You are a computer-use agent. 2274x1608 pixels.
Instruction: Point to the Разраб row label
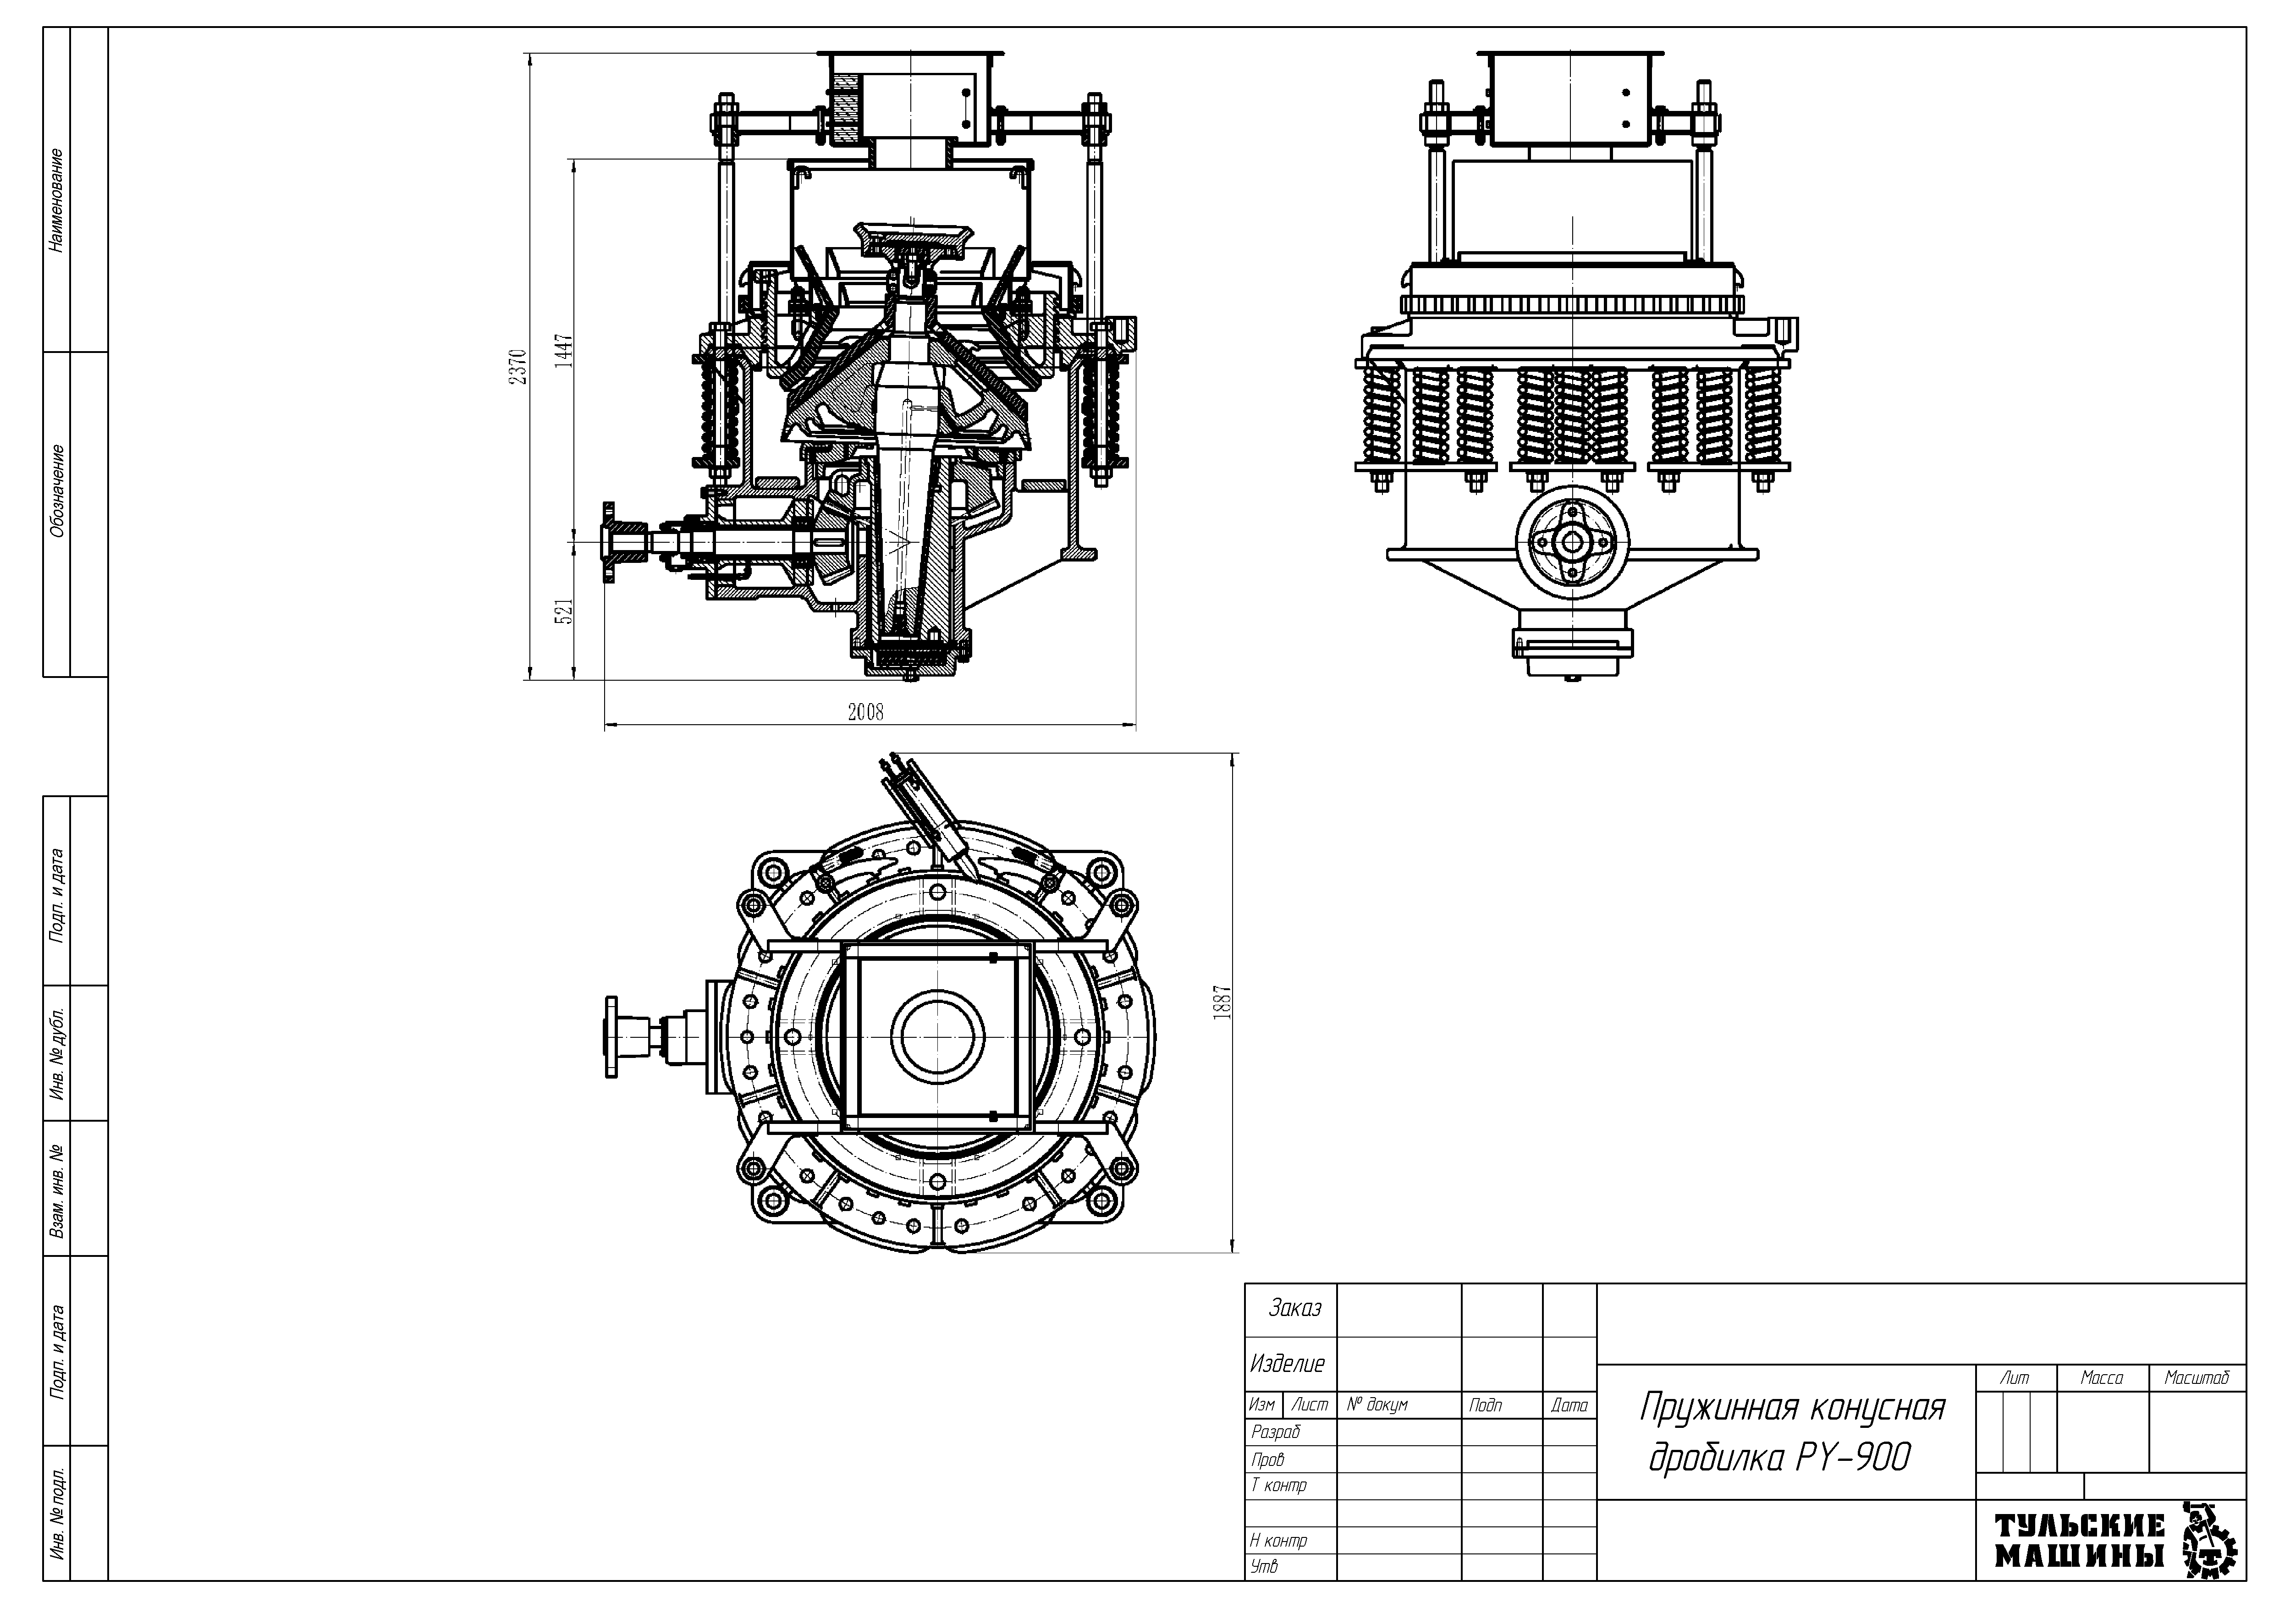1276,1432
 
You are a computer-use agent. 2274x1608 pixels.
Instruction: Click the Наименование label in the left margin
57,200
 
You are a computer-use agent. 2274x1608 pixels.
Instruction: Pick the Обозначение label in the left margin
57,490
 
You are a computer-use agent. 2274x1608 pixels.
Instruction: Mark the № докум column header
1377,1405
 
